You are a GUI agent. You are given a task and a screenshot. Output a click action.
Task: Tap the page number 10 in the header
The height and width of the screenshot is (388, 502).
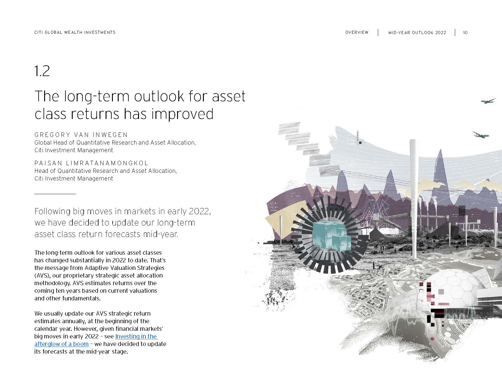(465, 33)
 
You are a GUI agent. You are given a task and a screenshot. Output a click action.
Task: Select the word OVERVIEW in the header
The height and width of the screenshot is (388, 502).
(357, 32)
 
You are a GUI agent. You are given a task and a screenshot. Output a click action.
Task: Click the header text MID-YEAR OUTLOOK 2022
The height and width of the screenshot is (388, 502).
(417, 33)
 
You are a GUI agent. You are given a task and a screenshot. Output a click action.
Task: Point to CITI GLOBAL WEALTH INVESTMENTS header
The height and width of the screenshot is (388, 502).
(75, 32)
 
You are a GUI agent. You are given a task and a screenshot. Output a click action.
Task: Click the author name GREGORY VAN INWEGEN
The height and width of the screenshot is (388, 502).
(81, 135)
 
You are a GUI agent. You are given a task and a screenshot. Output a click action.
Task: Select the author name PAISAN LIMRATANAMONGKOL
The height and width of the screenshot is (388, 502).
(91, 163)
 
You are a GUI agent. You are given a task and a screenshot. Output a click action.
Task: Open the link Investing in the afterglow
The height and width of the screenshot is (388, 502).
(96, 340)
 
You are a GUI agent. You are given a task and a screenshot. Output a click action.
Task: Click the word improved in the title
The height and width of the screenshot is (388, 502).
(182, 114)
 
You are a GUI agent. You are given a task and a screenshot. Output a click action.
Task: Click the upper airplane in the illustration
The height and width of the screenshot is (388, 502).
(488, 101)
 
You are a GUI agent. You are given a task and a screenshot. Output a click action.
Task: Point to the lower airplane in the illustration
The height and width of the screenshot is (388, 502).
(480, 135)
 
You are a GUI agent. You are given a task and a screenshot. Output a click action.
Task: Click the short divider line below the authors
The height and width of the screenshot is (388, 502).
(55, 194)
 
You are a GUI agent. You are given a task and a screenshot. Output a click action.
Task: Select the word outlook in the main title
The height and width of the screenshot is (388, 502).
(159, 96)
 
